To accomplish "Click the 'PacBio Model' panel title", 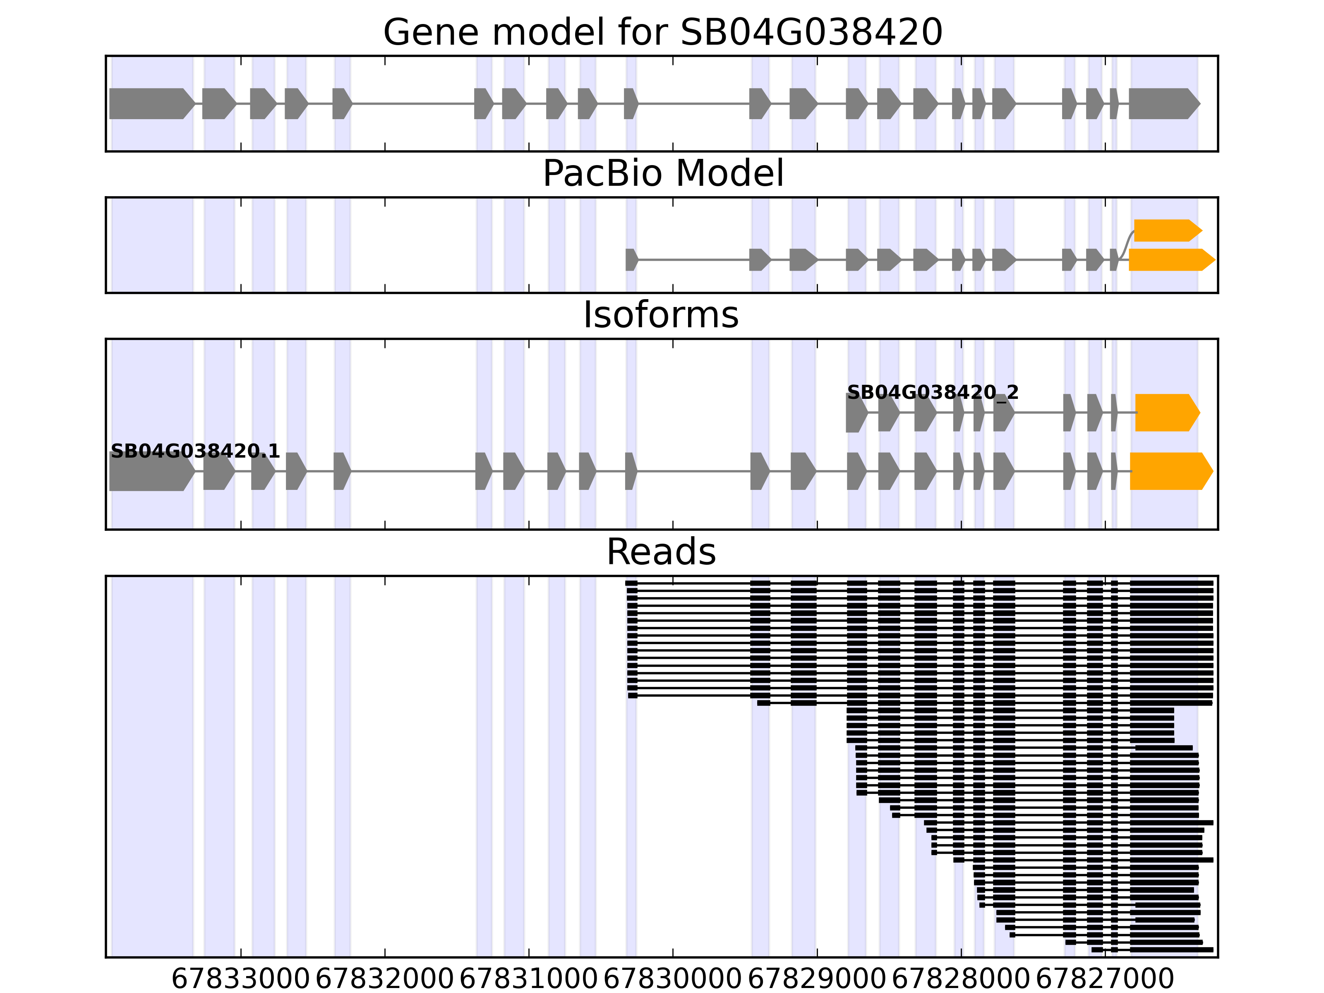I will [662, 174].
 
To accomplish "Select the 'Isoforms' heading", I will [661, 315].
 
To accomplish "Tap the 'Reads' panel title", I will [661, 552].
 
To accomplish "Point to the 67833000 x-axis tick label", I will [241, 979].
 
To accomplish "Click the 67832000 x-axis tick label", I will [384, 979].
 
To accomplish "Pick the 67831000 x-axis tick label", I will [528, 979].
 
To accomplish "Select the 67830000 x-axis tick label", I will [673, 979].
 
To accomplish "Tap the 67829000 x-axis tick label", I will [817, 979].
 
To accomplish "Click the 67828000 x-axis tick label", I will [961, 979].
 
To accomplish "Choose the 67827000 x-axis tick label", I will [1105, 979].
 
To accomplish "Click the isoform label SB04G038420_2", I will [933, 393].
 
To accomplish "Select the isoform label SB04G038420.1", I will [195, 451].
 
